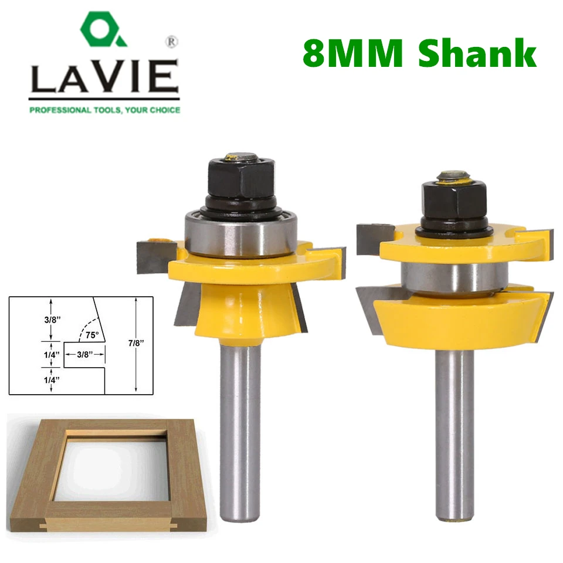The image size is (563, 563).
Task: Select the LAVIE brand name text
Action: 104,79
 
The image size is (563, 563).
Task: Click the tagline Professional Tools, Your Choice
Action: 104,110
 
